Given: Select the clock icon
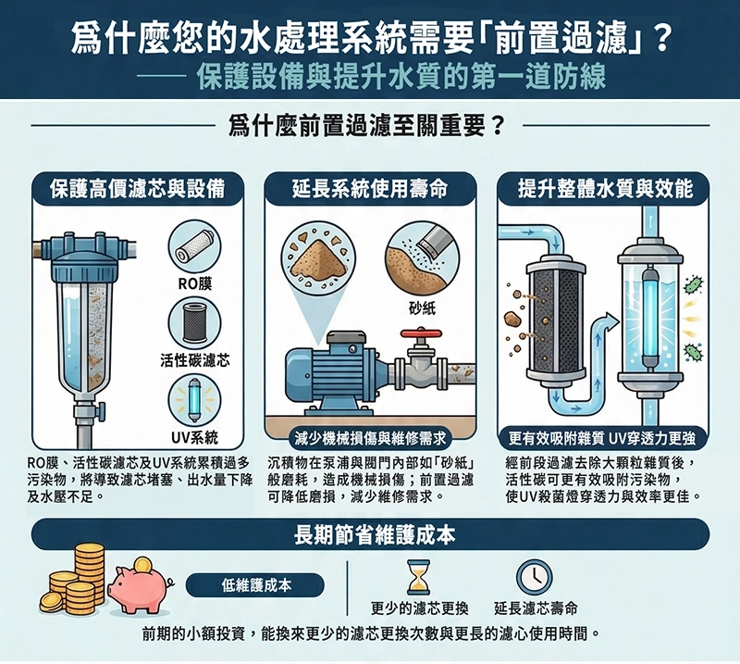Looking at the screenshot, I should click(x=534, y=578).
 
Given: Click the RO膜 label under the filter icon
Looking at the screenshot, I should click(x=194, y=281).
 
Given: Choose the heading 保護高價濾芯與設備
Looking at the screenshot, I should click(x=137, y=190).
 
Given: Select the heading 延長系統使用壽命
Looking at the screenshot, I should click(x=370, y=190).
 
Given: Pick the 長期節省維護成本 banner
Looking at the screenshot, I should click(x=370, y=534).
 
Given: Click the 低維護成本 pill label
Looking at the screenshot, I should click(x=256, y=584).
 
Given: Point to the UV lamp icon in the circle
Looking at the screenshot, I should click(x=194, y=402).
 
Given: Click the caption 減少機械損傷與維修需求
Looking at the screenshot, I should click(x=370, y=436).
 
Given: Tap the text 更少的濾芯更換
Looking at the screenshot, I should click(x=420, y=608).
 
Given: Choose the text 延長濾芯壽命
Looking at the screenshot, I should click(x=536, y=608).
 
